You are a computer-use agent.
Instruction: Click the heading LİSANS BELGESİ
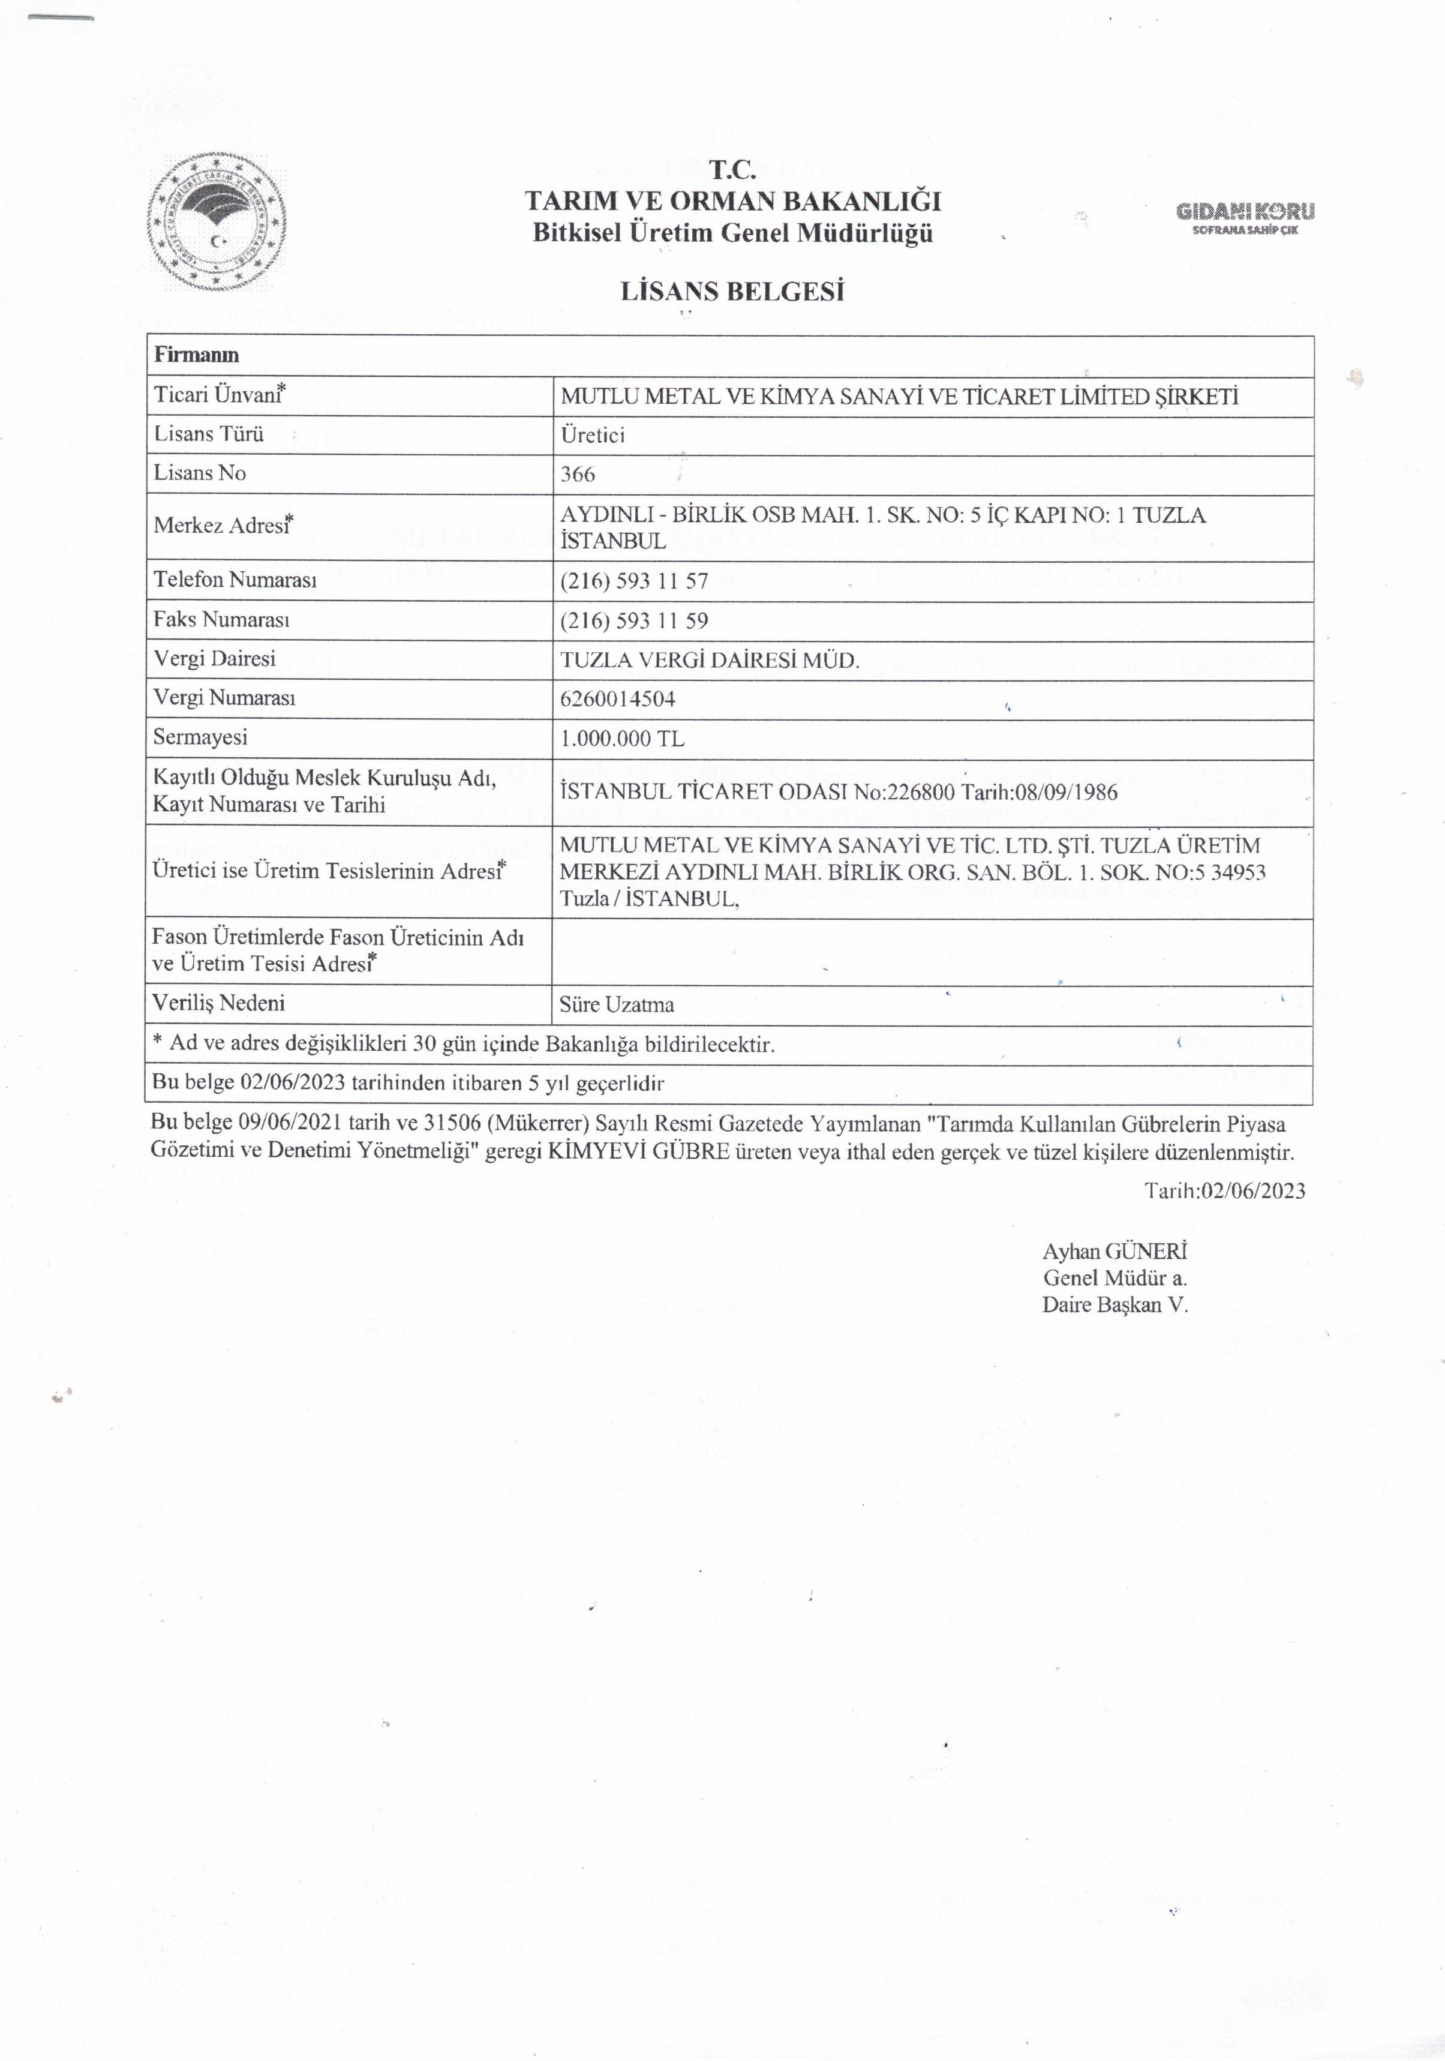(732, 292)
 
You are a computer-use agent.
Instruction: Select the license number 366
(578, 475)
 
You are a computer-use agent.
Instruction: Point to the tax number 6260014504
(617, 698)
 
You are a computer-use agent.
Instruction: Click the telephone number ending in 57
(633, 581)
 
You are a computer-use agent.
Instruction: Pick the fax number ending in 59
(633, 620)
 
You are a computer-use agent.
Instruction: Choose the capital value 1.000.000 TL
(622, 739)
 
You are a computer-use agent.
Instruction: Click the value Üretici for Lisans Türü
(593, 436)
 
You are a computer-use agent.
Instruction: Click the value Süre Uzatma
(617, 1004)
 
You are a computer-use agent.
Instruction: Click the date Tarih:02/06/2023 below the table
(1224, 1190)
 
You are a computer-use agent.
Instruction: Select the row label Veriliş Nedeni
(219, 1003)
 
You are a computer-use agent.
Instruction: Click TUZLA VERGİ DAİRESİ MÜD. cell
(709, 661)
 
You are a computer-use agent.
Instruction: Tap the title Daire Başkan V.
(1114, 1305)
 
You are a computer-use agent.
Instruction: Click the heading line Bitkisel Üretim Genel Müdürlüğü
(732, 233)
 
